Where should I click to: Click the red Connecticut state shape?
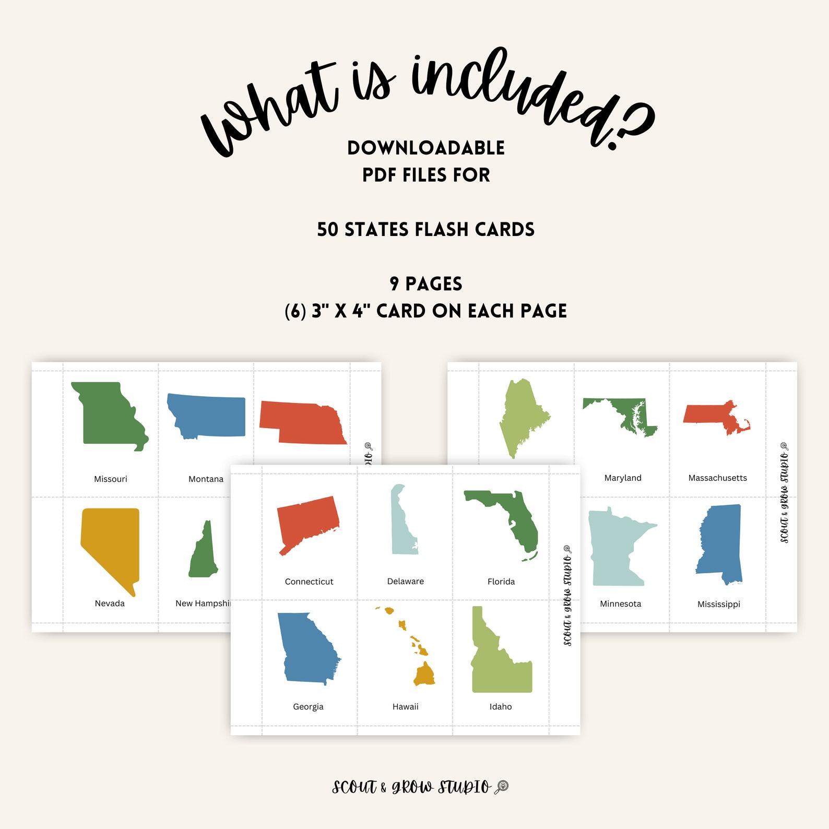308,522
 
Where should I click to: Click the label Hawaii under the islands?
406,707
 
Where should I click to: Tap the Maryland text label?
623,478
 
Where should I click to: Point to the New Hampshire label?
203,603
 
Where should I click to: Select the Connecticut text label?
309,582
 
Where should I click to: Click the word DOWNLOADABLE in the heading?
426,148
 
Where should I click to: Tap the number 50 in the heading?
327,230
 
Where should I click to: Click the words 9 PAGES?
426,284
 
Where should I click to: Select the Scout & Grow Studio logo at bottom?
420,787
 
